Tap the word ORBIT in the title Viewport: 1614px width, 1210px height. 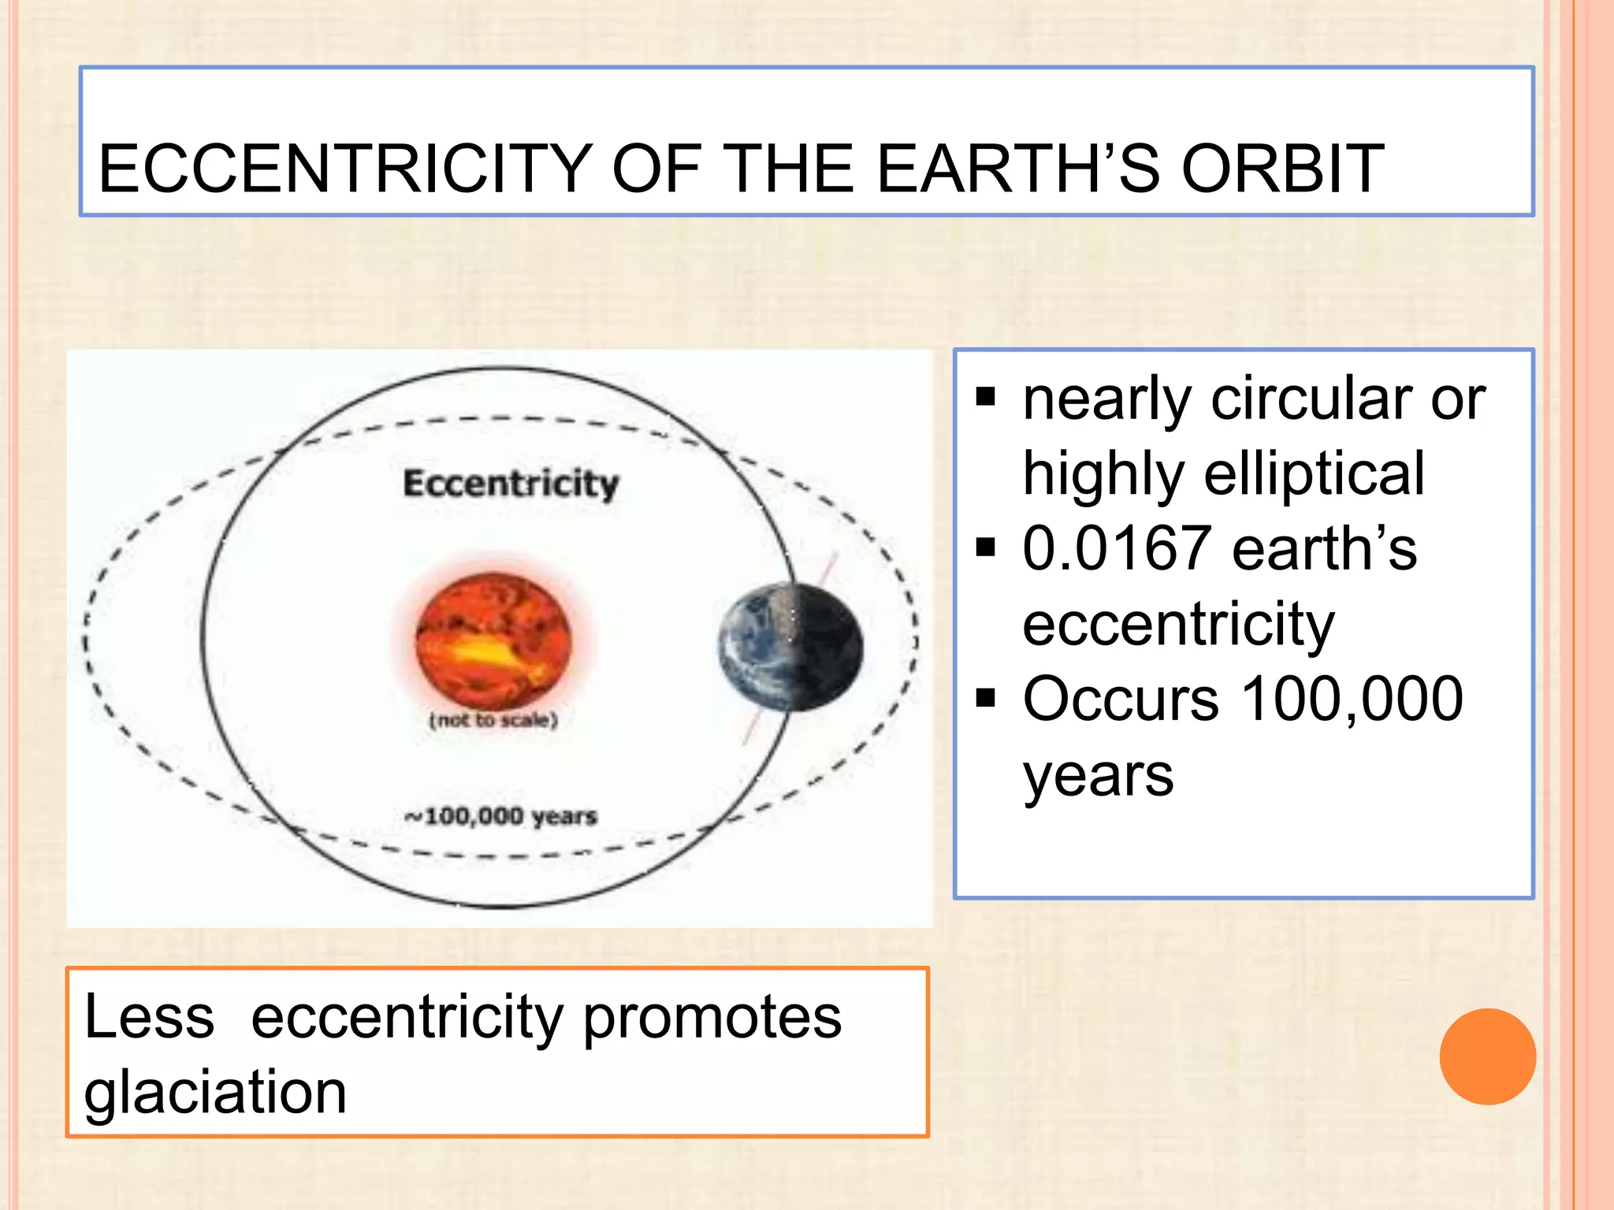(1282, 169)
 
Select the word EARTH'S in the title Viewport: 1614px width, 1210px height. (1017, 169)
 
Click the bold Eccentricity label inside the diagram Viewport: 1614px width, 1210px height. (511, 483)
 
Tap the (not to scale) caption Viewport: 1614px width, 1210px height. (493, 720)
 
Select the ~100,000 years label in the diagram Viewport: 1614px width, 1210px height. (501, 816)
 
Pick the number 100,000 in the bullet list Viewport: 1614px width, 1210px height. (1352, 699)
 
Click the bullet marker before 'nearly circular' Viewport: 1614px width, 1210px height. (985, 397)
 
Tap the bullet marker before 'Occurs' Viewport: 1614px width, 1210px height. (985, 698)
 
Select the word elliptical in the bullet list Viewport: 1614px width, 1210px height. (1314, 474)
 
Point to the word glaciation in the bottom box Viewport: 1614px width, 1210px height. (215, 1093)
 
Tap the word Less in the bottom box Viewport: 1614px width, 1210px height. (149, 1018)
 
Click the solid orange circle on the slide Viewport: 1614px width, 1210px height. (1487, 1056)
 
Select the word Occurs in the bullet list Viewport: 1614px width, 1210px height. (1120, 699)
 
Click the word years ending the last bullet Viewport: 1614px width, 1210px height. (1098, 777)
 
